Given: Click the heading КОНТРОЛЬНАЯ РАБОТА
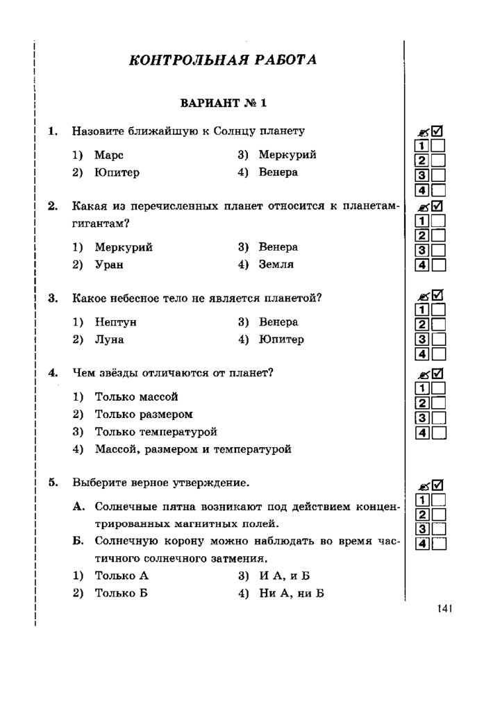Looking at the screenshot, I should tap(223, 60).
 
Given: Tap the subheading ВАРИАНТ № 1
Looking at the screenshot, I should tap(223, 103).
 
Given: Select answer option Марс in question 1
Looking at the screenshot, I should tap(109, 155).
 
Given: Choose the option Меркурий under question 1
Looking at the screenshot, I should tap(287, 155).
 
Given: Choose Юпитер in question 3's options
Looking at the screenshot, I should tap(281, 340).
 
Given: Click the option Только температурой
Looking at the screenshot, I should tap(156, 431).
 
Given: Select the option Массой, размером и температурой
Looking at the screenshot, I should tap(193, 449).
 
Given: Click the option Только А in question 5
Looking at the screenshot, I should tap(122, 576).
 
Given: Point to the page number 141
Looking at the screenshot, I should tap(445, 609).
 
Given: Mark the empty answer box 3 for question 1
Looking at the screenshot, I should tap(438, 175).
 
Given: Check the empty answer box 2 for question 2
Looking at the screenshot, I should tap(438, 235).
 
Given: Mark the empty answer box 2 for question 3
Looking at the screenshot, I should tap(438, 324).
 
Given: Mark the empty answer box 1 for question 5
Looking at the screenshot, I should tap(438, 499).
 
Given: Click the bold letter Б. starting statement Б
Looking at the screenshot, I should tap(79, 540).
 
